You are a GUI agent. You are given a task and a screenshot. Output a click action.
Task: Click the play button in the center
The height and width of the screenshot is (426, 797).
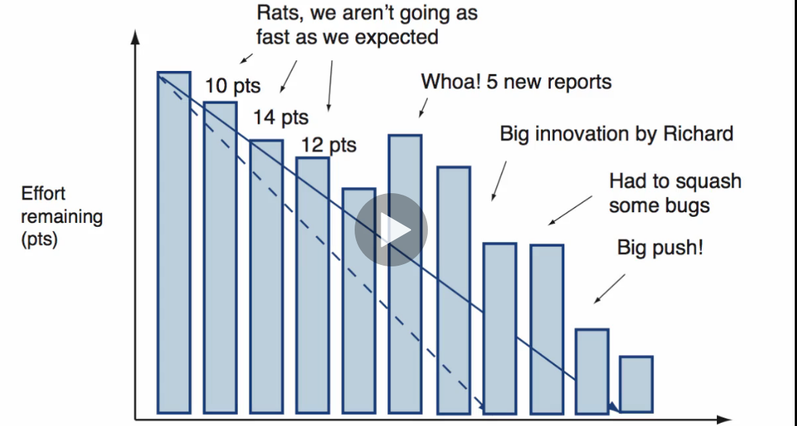[391, 230]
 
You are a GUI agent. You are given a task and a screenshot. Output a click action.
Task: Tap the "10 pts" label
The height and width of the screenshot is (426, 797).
[233, 86]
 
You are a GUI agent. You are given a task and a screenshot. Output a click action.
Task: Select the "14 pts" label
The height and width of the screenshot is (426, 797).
[281, 118]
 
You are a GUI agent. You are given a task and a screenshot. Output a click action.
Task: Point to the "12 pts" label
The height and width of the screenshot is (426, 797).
[329, 145]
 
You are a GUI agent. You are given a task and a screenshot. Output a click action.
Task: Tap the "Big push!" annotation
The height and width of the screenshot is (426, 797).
[660, 248]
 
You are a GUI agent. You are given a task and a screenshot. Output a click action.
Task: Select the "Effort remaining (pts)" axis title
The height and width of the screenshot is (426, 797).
[62, 216]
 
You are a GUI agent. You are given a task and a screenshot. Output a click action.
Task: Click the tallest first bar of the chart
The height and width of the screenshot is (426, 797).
[174, 243]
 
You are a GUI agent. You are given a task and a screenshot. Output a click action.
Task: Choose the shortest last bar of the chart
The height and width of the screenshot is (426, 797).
[636, 384]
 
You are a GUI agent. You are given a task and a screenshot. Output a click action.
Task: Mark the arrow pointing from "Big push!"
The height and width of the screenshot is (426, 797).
[609, 289]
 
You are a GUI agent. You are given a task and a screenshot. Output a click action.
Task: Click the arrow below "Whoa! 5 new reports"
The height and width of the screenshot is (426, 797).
[423, 108]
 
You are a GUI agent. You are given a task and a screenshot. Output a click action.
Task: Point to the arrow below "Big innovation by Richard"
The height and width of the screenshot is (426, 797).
[499, 181]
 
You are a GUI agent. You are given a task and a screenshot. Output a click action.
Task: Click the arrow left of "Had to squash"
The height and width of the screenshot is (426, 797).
[570, 210]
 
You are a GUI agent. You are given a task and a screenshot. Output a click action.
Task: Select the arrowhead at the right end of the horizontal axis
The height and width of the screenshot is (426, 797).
[723, 420]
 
